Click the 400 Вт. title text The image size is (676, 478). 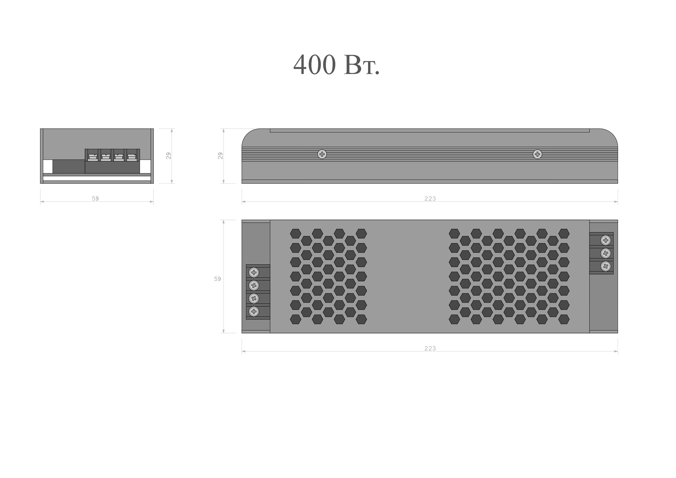coord(336,65)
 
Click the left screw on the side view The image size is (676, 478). coord(322,154)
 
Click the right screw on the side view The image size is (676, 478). coord(537,154)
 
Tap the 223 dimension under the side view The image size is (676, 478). coord(430,199)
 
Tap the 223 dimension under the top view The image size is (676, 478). coord(430,348)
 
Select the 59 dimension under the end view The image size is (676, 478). coord(95,199)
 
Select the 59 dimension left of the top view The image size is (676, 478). coord(217,279)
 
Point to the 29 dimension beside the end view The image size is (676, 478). coord(169,156)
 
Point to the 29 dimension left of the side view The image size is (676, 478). coord(220,156)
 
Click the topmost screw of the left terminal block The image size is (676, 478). coord(254,272)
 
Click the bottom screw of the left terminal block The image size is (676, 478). coord(254,311)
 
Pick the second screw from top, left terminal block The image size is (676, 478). coord(254,285)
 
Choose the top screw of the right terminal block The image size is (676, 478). coord(606,240)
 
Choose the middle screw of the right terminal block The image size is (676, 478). coord(606,253)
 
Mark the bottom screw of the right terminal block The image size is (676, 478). coord(606,266)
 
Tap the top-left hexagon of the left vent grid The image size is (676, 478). coord(295,234)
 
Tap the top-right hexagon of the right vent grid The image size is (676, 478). coord(564,234)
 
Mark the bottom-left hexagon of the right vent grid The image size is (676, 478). coord(454,319)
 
